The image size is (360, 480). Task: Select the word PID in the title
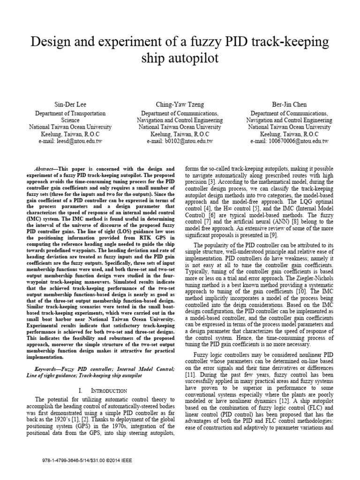click(228, 42)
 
